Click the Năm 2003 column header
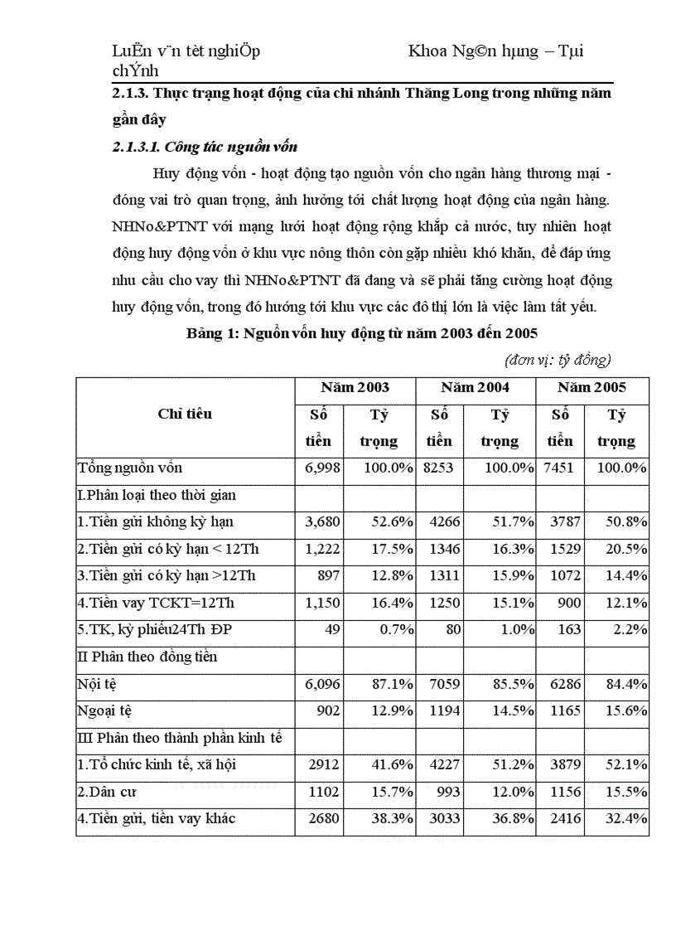pyautogui.click(x=355, y=387)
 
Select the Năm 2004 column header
pyautogui.click(x=475, y=387)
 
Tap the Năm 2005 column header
pyautogui.click(x=591, y=387)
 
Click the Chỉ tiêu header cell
pyautogui.click(x=185, y=414)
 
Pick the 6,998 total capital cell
pyautogui.click(x=323, y=468)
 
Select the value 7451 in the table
pyautogui.click(x=559, y=468)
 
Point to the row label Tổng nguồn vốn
pyautogui.click(x=130, y=468)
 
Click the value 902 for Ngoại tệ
pyautogui.click(x=328, y=711)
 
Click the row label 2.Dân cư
pyautogui.click(x=107, y=792)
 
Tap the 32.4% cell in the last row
pyautogui.click(x=626, y=819)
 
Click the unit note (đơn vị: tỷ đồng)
pyautogui.click(x=558, y=360)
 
